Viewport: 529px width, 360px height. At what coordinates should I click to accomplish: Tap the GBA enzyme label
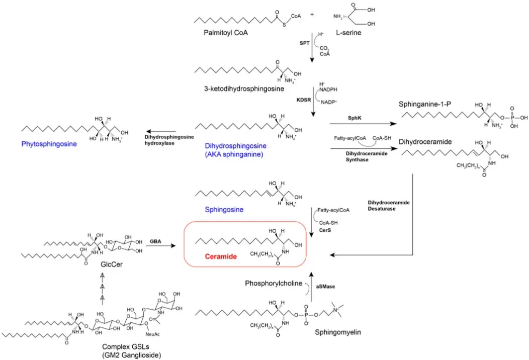click(155, 241)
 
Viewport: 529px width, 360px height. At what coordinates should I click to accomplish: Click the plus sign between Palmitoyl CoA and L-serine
click(312, 15)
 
